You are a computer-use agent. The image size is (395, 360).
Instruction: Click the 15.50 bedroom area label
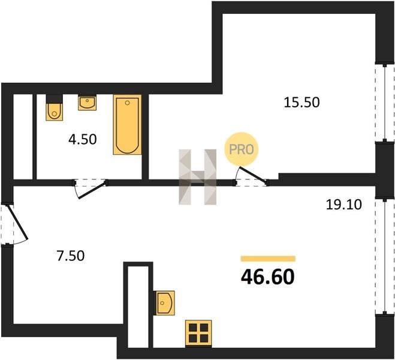[x=301, y=103]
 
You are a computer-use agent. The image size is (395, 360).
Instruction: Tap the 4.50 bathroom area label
[x=82, y=139]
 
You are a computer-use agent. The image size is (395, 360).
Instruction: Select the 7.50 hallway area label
[x=70, y=256]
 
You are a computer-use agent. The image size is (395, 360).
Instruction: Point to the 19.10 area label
[x=344, y=205]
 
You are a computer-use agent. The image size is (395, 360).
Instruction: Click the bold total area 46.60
[x=267, y=277]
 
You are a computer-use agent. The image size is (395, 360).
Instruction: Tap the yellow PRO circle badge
[x=242, y=149]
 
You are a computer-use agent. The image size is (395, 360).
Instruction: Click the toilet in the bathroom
[x=54, y=107]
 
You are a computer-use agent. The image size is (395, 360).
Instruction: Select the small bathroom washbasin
[x=87, y=103]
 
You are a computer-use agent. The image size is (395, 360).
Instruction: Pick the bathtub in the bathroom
[x=127, y=125]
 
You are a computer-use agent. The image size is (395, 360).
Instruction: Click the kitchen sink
[x=165, y=303]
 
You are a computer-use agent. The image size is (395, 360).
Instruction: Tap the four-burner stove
[x=198, y=333]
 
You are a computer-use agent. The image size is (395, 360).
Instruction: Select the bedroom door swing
[x=251, y=176]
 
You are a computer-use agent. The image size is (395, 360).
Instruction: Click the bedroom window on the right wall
[x=385, y=102]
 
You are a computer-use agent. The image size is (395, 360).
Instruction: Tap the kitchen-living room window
[x=385, y=256]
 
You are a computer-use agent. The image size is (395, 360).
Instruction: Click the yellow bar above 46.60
[x=268, y=259]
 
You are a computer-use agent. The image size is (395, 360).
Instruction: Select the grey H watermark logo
[x=198, y=177]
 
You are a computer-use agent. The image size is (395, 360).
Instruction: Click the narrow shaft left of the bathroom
[x=23, y=136]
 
